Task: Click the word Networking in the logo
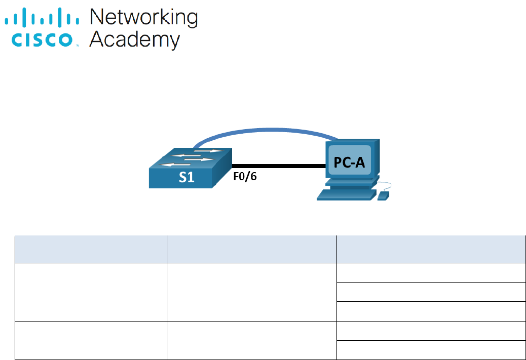pyautogui.click(x=143, y=18)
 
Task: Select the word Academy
pyautogui.click(x=134, y=40)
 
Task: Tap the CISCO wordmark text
pyautogui.click(x=43, y=40)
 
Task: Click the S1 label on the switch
pyautogui.click(x=186, y=178)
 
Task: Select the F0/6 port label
pyautogui.click(x=245, y=178)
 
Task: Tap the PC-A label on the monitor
pyautogui.click(x=350, y=162)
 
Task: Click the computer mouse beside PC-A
pyautogui.click(x=384, y=195)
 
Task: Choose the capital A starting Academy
pyautogui.click(x=97, y=39)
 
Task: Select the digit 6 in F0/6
pyautogui.click(x=253, y=178)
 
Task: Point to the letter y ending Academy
pyautogui.click(x=173, y=42)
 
